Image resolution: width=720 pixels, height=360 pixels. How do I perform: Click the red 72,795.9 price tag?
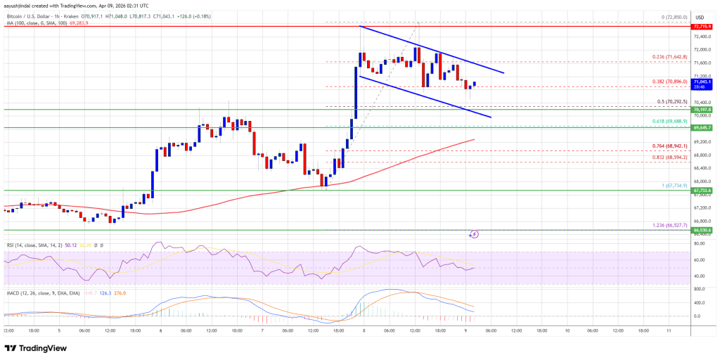[702, 27]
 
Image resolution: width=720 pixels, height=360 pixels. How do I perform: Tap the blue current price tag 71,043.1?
[702, 82]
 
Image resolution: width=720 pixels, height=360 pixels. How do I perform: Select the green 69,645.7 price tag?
[702, 127]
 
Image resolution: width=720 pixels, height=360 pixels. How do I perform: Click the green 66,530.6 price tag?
[702, 230]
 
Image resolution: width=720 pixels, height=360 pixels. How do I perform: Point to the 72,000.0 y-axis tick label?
[702, 50]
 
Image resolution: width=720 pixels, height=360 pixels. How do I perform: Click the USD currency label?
[700, 16]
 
